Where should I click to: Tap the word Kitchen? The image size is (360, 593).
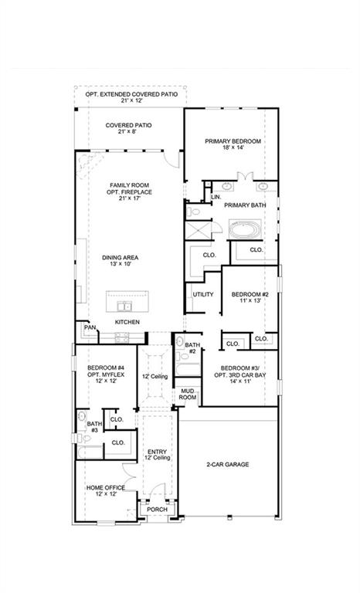point(127,321)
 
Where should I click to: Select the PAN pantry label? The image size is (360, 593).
point(90,329)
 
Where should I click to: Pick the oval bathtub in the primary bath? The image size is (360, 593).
point(246,229)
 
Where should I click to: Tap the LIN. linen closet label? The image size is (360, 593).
point(215,198)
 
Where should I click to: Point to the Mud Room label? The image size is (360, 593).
point(188,395)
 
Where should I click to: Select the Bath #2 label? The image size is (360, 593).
point(192,348)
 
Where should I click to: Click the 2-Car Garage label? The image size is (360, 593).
point(227,465)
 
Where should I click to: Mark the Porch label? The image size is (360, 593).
point(158,509)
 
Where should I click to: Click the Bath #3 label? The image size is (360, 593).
point(93,427)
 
